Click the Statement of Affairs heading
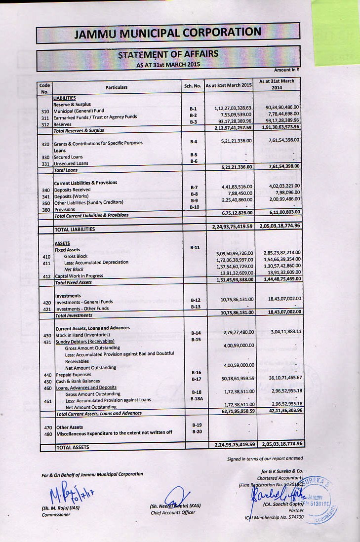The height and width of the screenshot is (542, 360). click(168, 54)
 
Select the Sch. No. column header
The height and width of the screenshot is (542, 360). click(193, 86)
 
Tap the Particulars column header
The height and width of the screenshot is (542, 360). click(117, 87)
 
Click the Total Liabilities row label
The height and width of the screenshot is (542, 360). click(75, 229)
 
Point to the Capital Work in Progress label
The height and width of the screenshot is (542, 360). click(79, 276)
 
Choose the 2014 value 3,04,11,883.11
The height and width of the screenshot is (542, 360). click(280, 331)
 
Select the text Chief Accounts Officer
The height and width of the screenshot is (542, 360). click(173, 512)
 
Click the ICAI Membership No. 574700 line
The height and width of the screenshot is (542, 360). click(275, 517)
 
